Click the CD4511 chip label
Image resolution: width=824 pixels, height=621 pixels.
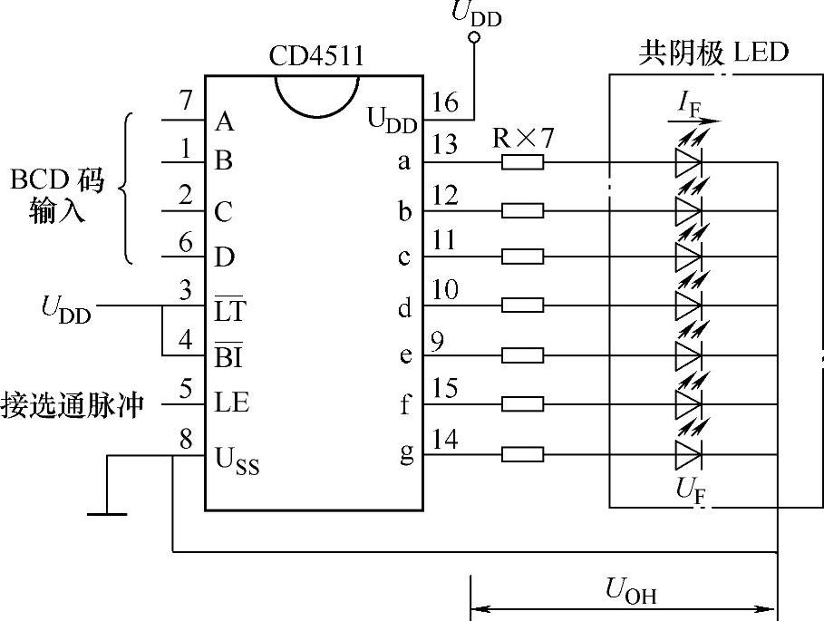click(x=316, y=56)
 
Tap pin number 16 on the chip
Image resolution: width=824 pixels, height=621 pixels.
click(x=445, y=102)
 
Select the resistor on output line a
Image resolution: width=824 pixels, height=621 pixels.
click(x=522, y=162)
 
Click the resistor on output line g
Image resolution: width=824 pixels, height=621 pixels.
click(x=522, y=454)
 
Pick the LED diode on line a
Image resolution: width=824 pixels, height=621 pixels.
click(x=688, y=162)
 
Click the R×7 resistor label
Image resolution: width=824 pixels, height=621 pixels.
click(x=522, y=139)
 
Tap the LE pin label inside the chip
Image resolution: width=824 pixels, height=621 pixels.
click(x=232, y=402)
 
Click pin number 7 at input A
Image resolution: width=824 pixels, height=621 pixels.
click(x=186, y=102)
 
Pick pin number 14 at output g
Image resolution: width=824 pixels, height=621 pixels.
click(x=445, y=441)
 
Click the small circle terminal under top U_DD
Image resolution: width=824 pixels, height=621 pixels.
click(x=472, y=38)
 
